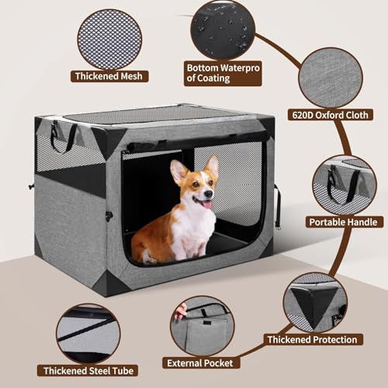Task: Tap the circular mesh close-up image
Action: pyautogui.click(x=109, y=37)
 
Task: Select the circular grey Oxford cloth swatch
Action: pyautogui.click(x=330, y=78)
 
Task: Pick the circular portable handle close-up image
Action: pyautogui.click(x=344, y=185)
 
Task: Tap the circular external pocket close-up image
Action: pyautogui.click(x=203, y=326)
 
